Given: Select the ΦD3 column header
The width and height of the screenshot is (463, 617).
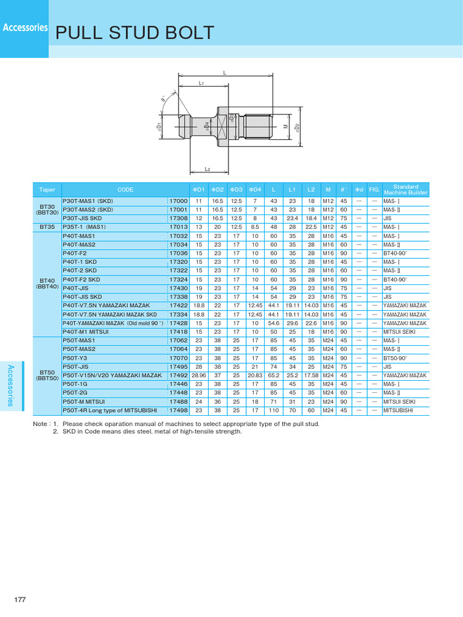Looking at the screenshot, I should pos(236,189).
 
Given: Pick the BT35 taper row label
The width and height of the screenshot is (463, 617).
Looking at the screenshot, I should pos(46,227).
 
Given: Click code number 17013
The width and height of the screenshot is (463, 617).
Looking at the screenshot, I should pos(178,227).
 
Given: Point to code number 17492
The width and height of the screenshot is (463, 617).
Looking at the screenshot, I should pos(178,375).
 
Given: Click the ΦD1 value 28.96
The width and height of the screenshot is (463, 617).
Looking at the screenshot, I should pos(198,375).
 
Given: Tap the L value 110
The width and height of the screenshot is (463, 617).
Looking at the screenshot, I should pos(274,410).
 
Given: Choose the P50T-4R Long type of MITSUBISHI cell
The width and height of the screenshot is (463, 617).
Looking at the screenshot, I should pos(110,410).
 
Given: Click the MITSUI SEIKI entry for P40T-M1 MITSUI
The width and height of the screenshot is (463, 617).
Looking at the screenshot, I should pos(399,332).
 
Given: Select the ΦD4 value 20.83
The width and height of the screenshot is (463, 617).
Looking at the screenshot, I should pos(255,375).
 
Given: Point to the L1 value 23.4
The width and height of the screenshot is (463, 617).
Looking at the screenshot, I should pos(292,218).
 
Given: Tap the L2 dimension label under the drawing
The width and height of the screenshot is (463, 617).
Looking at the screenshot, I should pos(207,169).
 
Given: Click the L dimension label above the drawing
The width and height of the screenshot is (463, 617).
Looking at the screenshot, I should pos(224,73).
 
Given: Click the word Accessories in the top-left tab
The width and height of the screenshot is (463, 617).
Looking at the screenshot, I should pos(25,28).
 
